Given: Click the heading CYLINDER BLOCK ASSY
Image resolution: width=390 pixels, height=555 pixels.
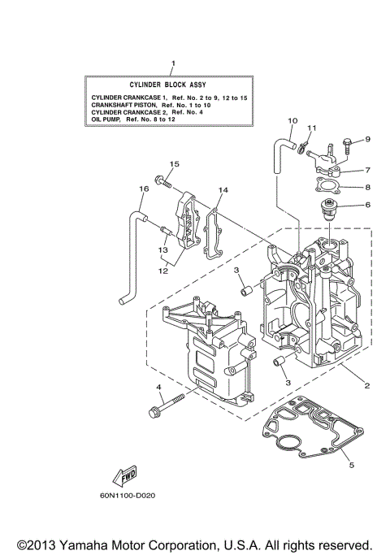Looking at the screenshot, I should [x=172, y=85].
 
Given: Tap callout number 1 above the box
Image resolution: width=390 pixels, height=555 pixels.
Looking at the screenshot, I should [x=172, y=63].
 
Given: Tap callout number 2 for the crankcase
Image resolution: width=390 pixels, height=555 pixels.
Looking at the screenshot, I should [x=366, y=385].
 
